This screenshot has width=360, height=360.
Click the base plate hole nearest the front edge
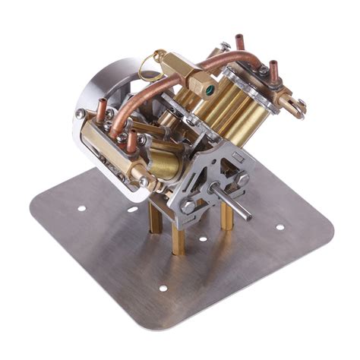(163, 289)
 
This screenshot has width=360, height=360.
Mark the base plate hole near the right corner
(279, 226)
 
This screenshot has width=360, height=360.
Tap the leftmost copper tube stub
(100, 112)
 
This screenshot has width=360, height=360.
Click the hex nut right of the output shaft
(242, 178)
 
